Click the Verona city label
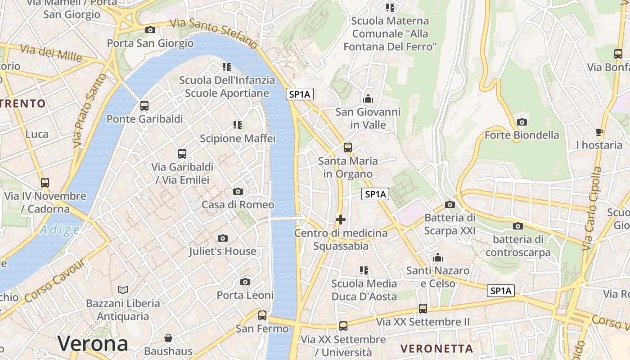(x=93, y=344)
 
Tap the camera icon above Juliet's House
(x=222, y=238)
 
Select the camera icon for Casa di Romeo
(x=238, y=192)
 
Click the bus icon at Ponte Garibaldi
(x=144, y=106)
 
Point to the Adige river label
(x=59, y=230)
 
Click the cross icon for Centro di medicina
(x=341, y=220)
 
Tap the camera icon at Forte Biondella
(x=522, y=122)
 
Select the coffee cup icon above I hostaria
(x=599, y=132)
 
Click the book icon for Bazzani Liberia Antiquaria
(x=123, y=290)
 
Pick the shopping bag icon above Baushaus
(x=168, y=338)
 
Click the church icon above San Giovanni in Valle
(x=368, y=99)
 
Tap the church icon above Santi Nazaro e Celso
(x=437, y=258)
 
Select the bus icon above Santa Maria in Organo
(x=347, y=148)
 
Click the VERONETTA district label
(x=436, y=348)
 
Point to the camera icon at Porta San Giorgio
(x=150, y=30)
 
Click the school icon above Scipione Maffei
(x=238, y=125)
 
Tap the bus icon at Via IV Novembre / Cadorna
(x=45, y=183)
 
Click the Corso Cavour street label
(x=54, y=282)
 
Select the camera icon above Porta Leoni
(x=245, y=282)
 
